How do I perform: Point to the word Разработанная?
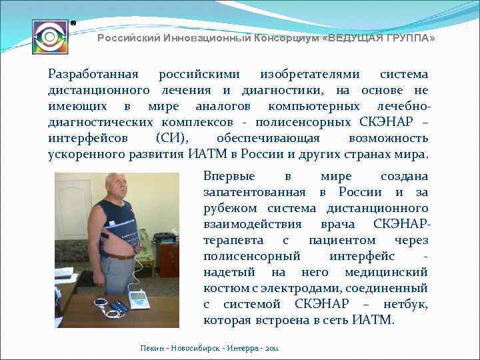click(x=93, y=75)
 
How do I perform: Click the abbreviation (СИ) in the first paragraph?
click(x=171, y=139)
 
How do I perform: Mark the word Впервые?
click(x=229, y=177)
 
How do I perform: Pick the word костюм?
click(x=223, y=288)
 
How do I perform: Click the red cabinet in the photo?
click(x=168, y=261)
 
